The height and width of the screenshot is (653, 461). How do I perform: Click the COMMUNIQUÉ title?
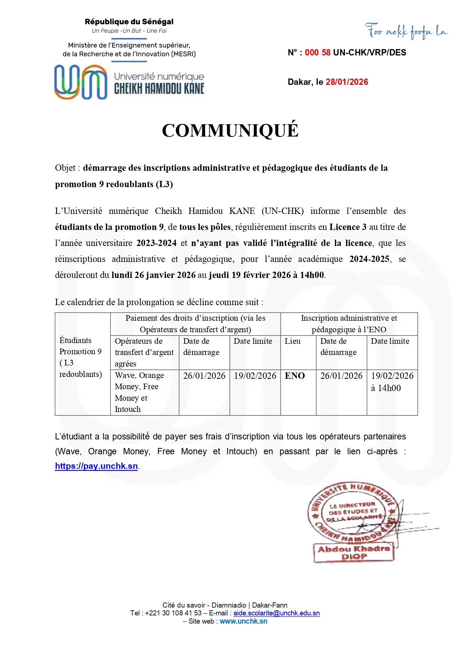230,131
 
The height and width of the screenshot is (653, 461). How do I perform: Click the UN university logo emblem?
81,82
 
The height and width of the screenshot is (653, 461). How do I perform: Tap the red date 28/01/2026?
346,82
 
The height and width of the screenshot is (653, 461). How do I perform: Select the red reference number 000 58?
317,53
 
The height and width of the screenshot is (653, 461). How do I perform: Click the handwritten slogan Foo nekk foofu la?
406,31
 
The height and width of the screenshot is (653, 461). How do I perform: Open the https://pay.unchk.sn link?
96,466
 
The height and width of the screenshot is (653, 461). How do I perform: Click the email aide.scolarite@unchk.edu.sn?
276,613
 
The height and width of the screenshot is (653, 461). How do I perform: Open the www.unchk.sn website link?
243,621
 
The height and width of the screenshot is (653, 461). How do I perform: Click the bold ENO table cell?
295,376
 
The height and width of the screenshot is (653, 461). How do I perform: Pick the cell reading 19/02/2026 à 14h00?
392,382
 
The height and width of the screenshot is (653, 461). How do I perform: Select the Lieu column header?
293,341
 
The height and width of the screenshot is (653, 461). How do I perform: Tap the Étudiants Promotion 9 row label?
81,357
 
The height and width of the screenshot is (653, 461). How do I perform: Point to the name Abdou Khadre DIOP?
354,553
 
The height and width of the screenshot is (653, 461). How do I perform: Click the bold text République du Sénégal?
129,22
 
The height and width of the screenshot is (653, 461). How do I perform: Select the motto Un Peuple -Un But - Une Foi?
129,31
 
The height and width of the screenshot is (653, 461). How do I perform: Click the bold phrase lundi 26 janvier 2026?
154,275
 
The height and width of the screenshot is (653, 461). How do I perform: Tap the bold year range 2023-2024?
157,243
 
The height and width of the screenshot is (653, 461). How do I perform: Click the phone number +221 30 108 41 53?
173,613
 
